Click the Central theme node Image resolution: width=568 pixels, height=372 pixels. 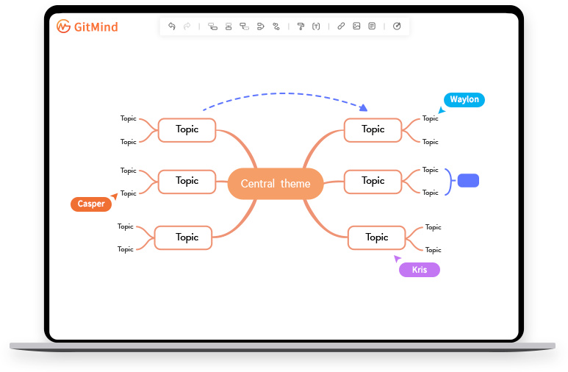coord(276,184)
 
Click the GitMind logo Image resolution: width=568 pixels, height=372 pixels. coord(87,27)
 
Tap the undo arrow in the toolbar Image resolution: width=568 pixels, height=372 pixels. coord(172,26)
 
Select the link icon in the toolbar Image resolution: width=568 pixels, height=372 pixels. coord(341,26)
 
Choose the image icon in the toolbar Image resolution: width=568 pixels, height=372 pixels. coord(356,26)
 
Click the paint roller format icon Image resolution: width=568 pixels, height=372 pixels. coord(301,26)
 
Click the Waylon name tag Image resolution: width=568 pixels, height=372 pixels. coord(464,100)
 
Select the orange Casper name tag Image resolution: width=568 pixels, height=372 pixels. coord(91,204)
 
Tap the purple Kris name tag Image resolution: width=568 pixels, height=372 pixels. coord(419,270)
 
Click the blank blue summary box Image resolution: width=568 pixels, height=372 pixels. coord(468,180)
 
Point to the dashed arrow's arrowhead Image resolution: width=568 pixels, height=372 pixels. coord(364,108)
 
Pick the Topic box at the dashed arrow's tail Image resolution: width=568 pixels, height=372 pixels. coord(187,129)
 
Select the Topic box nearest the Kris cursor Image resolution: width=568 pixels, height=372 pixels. coord(377,237)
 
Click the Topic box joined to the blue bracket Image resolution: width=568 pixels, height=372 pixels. coord(373,181)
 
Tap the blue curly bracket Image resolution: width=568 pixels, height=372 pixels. coord(447,181)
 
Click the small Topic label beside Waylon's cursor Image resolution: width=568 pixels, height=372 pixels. coord(430,118)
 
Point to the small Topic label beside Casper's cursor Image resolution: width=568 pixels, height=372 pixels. coord(129,193)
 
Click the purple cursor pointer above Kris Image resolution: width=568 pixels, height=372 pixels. coord(398,258)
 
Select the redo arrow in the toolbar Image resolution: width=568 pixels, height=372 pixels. coord(187,26)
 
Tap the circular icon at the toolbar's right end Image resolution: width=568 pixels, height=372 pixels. coord(397,26)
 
